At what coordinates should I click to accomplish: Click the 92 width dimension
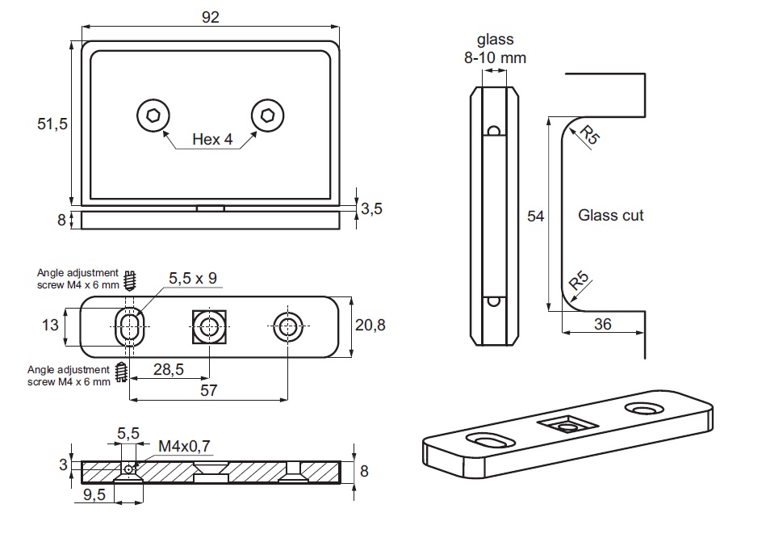click(211, 17)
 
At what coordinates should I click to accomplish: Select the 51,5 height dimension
click(52, 124)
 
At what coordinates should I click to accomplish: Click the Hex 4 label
click(212, 140)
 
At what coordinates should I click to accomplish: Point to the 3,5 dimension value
click(371, 208)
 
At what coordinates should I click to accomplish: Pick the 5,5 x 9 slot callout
click(193, 279)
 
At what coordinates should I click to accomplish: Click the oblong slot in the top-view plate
click(129, 327)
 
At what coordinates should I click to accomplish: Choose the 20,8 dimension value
click(370, 325)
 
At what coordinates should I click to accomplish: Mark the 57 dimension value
click(209, 390)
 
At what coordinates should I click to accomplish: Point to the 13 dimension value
click(50, 325)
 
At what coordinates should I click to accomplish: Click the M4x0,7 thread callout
click(184, 445)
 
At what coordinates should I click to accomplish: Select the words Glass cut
click(611, 216)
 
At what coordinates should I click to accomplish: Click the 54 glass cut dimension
click(535, 216)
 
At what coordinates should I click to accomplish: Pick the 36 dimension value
click(602, 324)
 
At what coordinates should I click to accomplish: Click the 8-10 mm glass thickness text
click(495, 57)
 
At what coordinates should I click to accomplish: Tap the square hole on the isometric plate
click(569, 422)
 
